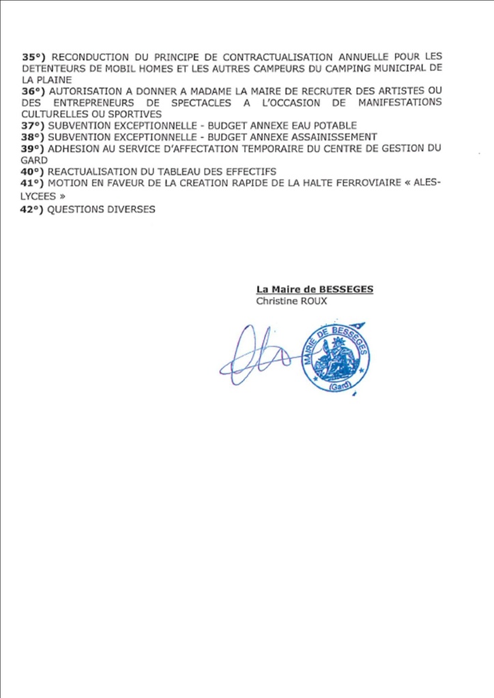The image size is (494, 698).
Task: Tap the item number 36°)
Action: coord(34,91)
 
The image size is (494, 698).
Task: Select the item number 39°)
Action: coord(34,149)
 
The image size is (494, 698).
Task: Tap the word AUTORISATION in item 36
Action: coord(84,91)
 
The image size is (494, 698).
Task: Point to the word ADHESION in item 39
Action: coord(73,149)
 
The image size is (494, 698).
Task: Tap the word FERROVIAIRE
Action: coord(354,183)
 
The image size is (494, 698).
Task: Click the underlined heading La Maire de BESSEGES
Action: coord(315,289)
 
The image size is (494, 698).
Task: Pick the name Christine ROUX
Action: coord(291,301)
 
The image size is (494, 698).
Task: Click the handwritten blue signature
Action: coord(258,354)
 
